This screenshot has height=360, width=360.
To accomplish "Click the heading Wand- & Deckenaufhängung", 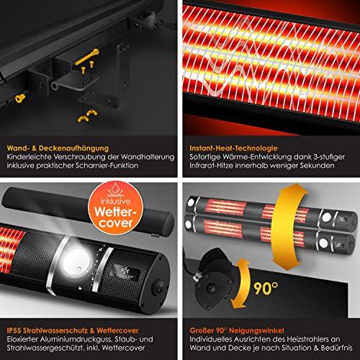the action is pyautogui.click(x=58, y=148).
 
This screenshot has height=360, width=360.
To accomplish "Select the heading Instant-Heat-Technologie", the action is pyautogui.click(x=233, y=148).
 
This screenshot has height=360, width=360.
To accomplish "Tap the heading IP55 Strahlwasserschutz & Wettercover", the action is pyautogui.click(x=73, y=330).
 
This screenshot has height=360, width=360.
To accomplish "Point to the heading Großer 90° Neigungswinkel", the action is pyautogui.click(x=237, y=330).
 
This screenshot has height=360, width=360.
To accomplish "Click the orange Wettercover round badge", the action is pyautogui.click(x=116, y=208).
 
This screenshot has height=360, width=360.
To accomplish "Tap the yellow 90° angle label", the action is pyautogui.click(x=266, y=288).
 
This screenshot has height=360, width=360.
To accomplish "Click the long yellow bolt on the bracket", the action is pyautogui.click(x=87, y=57).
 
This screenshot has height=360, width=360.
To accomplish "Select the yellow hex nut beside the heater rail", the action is pyautogui.click(x=20, y=98).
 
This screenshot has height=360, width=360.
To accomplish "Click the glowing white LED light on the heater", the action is pyautogui.click(x=76, y=261).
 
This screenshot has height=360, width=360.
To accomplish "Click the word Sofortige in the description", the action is pyautogui.click(x=205, y=157).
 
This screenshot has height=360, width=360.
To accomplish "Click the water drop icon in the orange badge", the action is pyautogui.click(x=116, y=189).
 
